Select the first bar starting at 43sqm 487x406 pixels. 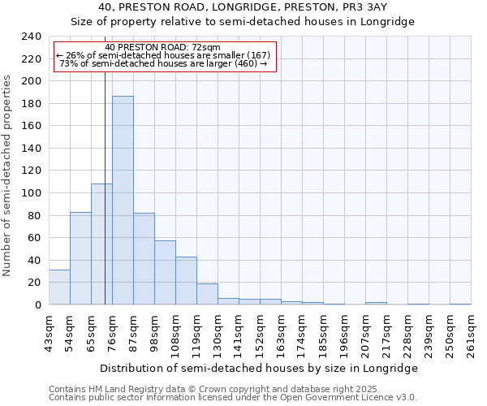59,287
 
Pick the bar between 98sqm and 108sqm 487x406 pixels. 165,273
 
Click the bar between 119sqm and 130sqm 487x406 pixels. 207,294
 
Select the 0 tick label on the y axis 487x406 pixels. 37,305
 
